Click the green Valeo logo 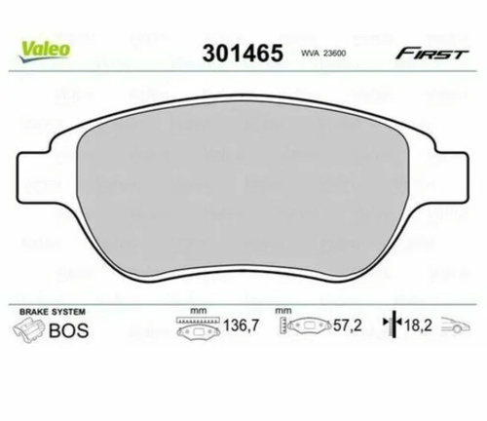click(45, 51)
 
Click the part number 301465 click(243, 54)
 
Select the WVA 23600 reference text click(322, 54)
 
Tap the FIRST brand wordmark click(431, 54)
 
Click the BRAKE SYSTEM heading click(53, 312)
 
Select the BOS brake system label click(68, 330)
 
